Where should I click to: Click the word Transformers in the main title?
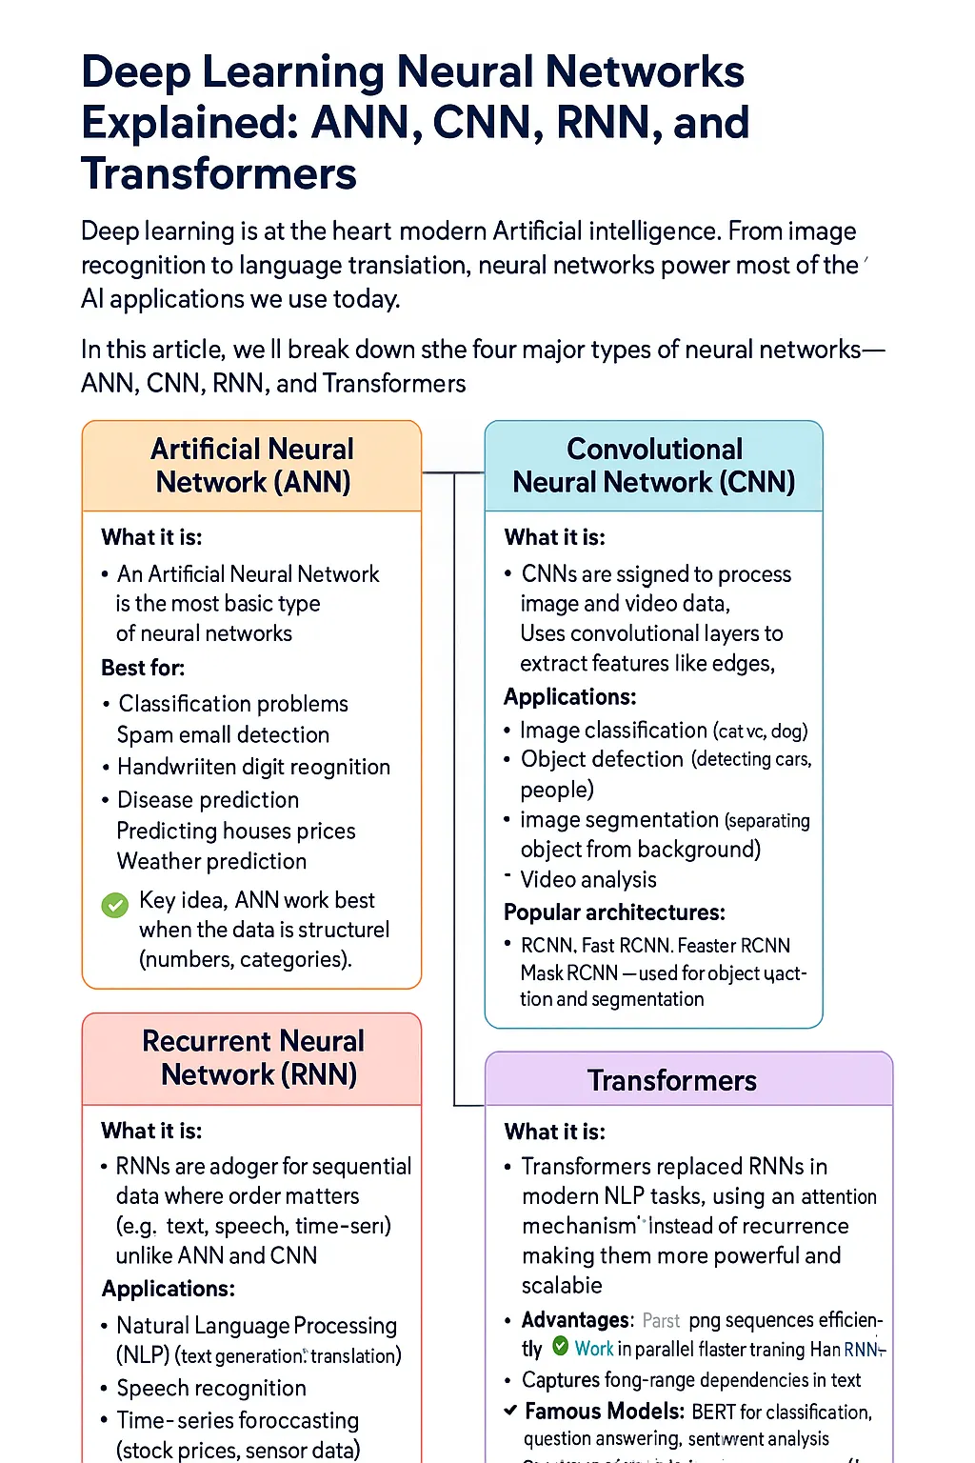click(219, 174)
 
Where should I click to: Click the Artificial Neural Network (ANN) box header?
click(252, 466)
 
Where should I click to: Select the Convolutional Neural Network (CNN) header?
click(654, 466)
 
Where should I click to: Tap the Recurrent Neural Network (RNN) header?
click(253, 1058)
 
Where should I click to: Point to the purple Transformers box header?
click(671, 1080)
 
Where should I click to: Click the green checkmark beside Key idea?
click(115, 905)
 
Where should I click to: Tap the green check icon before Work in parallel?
click(561, 1348)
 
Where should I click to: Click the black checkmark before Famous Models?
click(511, 1411)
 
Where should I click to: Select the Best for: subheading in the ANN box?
click(143, 668)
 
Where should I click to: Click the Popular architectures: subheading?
click(614, 912)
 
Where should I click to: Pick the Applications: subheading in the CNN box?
click(569, 697)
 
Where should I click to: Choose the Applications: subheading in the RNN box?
click(168, 1289)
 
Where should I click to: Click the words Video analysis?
click(588, 879)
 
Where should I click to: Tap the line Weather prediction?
click(211, 861)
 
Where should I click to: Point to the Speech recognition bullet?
click(210, 1388)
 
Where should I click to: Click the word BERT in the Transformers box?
click(713, 1412)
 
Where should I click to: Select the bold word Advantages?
click(576, 1320)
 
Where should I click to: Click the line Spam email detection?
click(223, 734)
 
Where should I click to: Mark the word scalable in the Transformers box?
click(562, 1285)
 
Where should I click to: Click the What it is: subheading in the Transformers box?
click(554, 1132)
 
